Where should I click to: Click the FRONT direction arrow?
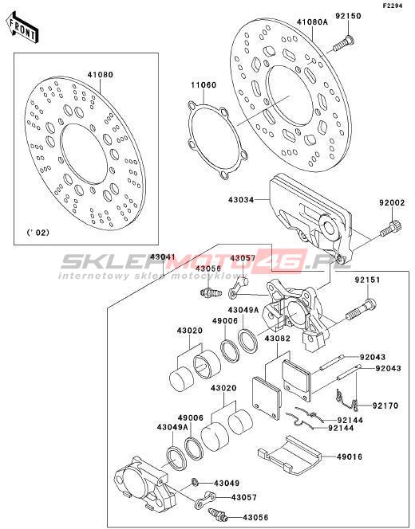pyautogui.click(x=23, y=27)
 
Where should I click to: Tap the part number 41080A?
pyautogui.click(x=313, y=22)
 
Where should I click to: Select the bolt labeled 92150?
pyautogui.click(x=343, y=44)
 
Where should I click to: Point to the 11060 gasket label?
pyautogui.click(x=204, y=85)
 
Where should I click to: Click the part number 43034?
pyautogui.click(x=241, y=200)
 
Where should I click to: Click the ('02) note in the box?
pyautogui.click(x=38, y=233)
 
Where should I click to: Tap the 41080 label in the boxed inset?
pyautogui.click(x=101, y=75)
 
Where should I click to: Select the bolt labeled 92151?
pyautogui.click(x=361, y=308)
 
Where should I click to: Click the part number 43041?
pyautogui.click(x=163, y=257)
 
